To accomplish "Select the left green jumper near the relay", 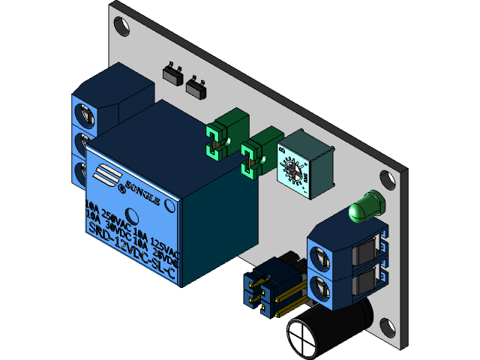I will (x=218, y=142).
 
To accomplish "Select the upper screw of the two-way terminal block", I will (x=319, y=258).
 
